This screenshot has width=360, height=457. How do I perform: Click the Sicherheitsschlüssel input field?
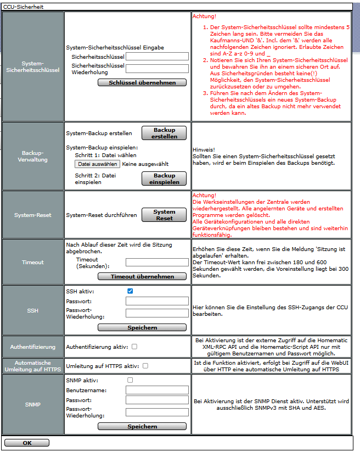click(x=157, y=56)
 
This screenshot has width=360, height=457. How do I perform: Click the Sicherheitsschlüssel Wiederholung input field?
click(x=157, y=69)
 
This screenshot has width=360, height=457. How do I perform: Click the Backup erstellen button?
click(x=164, y=133)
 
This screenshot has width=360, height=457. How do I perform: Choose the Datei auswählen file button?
click(x=97, y=164)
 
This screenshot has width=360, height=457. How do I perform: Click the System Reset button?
click(x=164, y=215)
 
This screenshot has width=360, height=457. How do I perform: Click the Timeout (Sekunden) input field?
click(x=157, y=263)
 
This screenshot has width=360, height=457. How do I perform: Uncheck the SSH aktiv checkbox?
click(x=130, y=291)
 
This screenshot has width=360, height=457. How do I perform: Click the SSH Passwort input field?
click(x=157, y=302)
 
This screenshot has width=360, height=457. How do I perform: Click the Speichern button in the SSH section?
click(x=142, y=327)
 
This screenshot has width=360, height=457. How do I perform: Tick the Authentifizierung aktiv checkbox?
click(x=134, y=347)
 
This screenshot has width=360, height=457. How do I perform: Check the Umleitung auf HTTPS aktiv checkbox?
click(x=145, y=365)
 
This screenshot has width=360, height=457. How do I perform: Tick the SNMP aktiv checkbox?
click(x=130, y=380)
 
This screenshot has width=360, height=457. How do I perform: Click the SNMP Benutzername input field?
click(x=157, y=390)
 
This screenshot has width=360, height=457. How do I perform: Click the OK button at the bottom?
click(x=26, y=443)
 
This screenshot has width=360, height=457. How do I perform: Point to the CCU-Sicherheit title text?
click(x=23, y=7)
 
